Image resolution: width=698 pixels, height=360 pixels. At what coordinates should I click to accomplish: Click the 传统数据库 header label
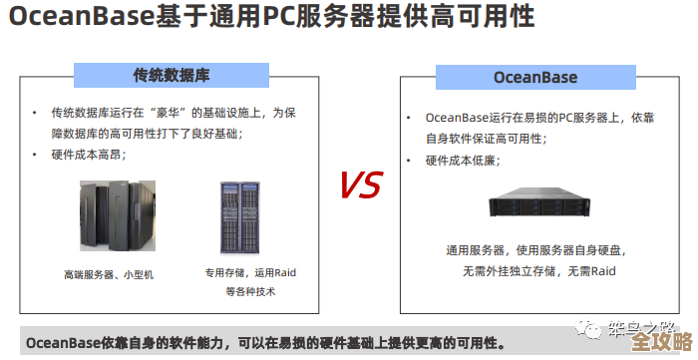(x=171, y=76)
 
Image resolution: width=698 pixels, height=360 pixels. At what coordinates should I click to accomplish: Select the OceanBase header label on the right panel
(x=535, y=76)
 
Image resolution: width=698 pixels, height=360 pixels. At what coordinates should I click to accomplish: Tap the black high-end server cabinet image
(x=118, y=215)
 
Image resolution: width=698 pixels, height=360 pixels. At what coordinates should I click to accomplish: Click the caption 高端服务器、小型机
(x=110, y=273)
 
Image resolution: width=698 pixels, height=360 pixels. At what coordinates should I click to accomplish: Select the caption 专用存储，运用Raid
(x=251, y=272)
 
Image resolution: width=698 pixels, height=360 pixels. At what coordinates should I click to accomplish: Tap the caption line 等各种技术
(x=249, y=291)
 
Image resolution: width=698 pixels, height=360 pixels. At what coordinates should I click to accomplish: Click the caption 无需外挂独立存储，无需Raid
(x=538, y=270)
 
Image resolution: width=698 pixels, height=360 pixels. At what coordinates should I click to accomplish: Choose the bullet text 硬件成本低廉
(x=463, y=160)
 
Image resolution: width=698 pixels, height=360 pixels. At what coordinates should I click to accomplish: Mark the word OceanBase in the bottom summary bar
(x=63, y=343)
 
